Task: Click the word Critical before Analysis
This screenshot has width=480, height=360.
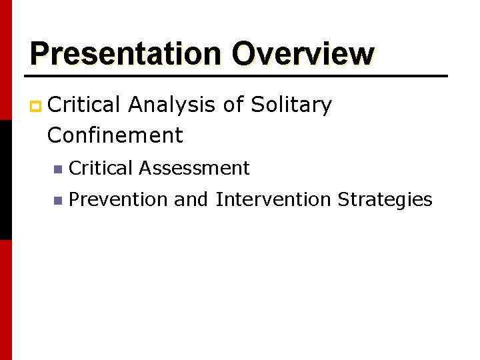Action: [x=84, y=105]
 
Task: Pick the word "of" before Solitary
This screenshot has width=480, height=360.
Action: [x=234, y=105]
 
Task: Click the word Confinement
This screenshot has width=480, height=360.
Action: [x=115, y=135]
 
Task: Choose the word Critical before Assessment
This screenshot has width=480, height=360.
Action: [x=101, y=168]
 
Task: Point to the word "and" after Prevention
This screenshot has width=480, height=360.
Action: [x=192, y=199]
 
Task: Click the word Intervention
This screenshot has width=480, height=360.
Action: [x=273, y=199]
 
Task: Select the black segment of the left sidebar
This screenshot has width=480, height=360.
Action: [x=5, y=180]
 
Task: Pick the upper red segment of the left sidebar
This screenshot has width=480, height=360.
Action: [x=5, y=60]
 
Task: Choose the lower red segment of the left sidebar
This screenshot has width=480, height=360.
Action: [x=5, y=300]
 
